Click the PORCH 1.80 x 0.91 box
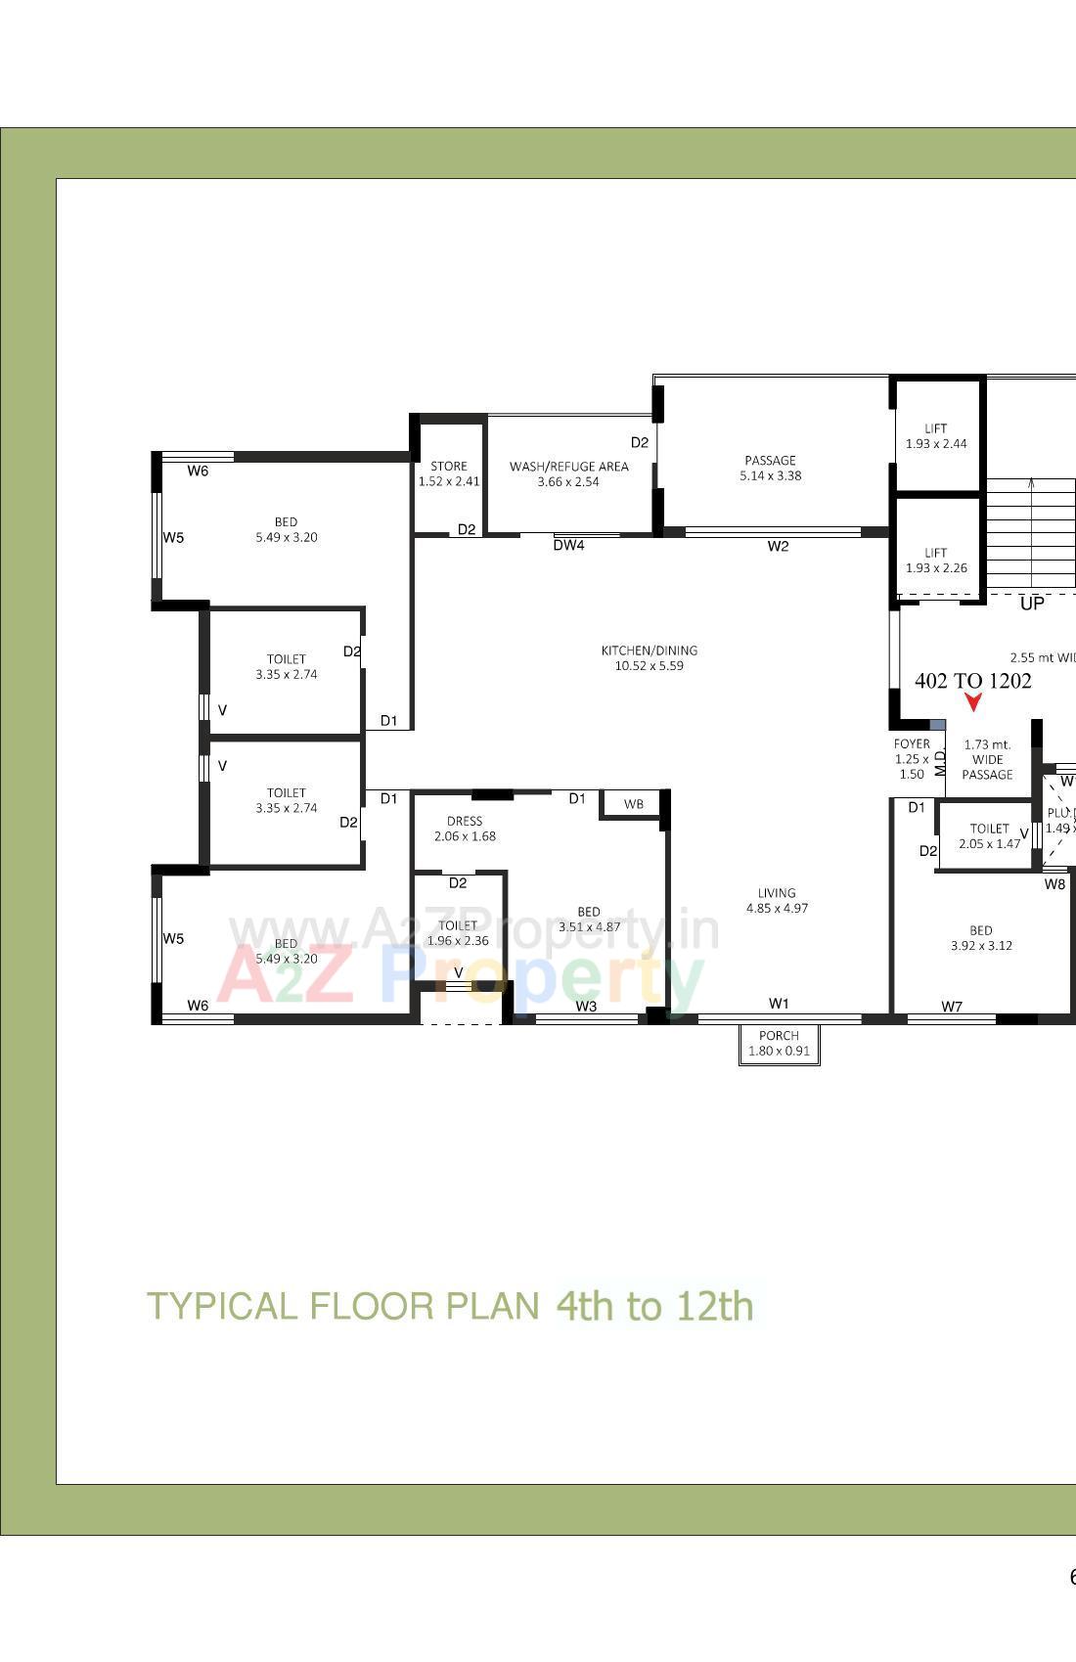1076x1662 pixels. pos(779,1043)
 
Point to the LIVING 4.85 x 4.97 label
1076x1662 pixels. pos(777,900)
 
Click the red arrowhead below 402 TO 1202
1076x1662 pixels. pos(973,701)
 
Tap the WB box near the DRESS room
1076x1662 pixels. pos(633,804)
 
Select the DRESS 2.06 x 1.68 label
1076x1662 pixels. pos(465,829)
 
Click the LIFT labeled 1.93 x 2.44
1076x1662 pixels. pos(936,435)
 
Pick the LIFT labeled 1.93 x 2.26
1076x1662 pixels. pos(936,560)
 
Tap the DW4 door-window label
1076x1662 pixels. pos(568,546)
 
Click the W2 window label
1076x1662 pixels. pos(778,547)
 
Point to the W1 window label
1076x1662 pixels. pos(779,1004)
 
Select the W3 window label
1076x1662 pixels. pos(586,1007)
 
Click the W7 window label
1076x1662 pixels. pos(952,1007)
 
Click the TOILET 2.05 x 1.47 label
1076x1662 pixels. pos(989,835)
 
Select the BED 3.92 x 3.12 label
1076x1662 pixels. pos(981,938)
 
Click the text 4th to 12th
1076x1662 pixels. pos(654,1306)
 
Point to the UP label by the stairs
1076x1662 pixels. pos(1032,604)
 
